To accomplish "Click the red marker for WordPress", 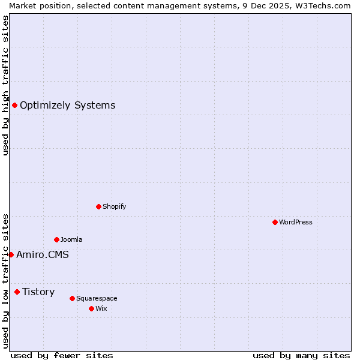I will (275, 222).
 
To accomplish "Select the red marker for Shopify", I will (98, 206).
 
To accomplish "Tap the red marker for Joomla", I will (56, 239).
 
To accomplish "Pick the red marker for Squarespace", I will (72, 298).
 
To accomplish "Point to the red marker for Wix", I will (91, 308).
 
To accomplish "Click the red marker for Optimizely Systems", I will (14, 106).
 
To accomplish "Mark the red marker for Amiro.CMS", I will (11, 254).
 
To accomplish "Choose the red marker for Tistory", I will (17, 292).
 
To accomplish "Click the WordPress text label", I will (296, 222).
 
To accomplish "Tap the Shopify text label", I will (114, 206).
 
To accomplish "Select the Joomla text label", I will (71, 239).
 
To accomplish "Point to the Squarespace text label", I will (97, 298).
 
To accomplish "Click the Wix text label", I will (101, 308).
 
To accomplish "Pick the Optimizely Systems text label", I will (67, 106).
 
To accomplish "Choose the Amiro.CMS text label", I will (42, 254).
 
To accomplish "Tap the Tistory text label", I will (38, 292).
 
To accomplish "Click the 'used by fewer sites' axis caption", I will (62, 355).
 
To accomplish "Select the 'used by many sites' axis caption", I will (301, 355).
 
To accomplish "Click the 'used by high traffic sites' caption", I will (5, 85).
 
